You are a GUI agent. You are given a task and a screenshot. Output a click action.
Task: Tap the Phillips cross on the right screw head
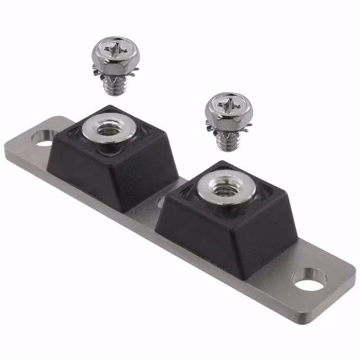click(228, 105)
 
